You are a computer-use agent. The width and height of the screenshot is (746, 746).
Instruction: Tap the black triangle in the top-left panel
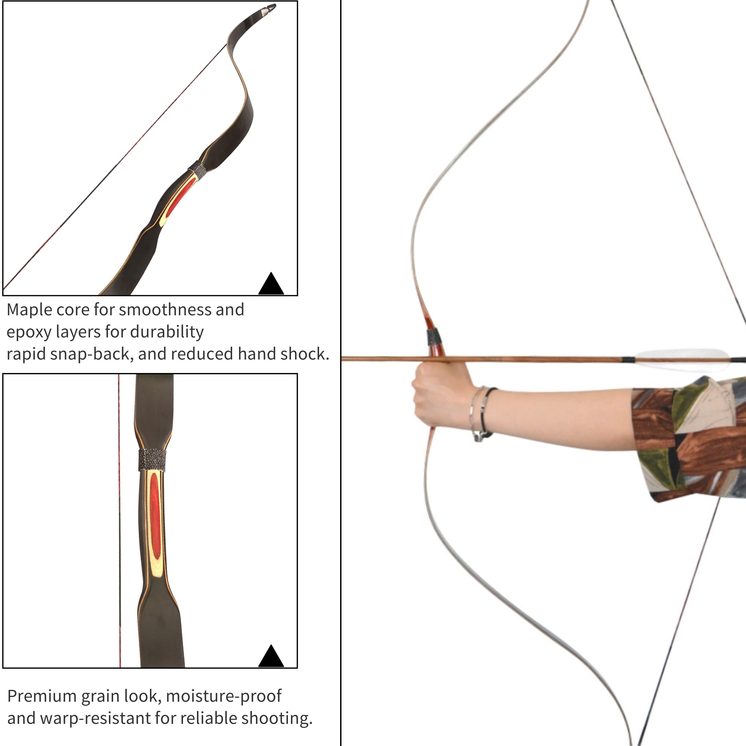271,283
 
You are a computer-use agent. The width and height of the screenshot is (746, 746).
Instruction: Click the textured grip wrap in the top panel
197,170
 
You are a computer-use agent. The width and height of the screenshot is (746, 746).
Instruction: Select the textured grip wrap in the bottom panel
153,460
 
